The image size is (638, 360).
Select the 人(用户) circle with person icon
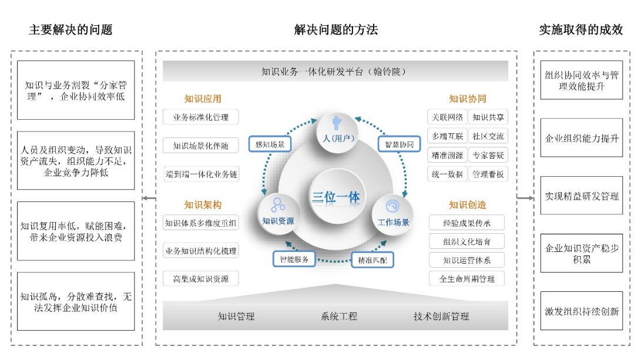point(337,129)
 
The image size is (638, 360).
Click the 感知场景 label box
point(270,144)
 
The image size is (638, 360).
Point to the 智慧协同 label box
point(399,144)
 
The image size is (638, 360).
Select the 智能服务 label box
point(294,258)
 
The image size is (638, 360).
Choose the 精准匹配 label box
point(372,259)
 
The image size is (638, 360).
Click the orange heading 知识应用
point(203,99)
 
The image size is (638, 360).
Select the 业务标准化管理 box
point(201,117)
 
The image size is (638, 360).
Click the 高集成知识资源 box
point(201,279)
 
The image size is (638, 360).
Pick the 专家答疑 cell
point(488,156)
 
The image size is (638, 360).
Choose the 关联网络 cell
point(448,117)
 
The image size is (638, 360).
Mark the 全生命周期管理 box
point(467,279)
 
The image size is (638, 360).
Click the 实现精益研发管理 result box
point(582,196)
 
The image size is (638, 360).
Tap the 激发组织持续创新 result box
point(582,311)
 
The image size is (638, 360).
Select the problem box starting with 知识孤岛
point(76,301)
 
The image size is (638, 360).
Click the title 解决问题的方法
point(336,30)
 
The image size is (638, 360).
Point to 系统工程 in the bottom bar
point(339,317)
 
